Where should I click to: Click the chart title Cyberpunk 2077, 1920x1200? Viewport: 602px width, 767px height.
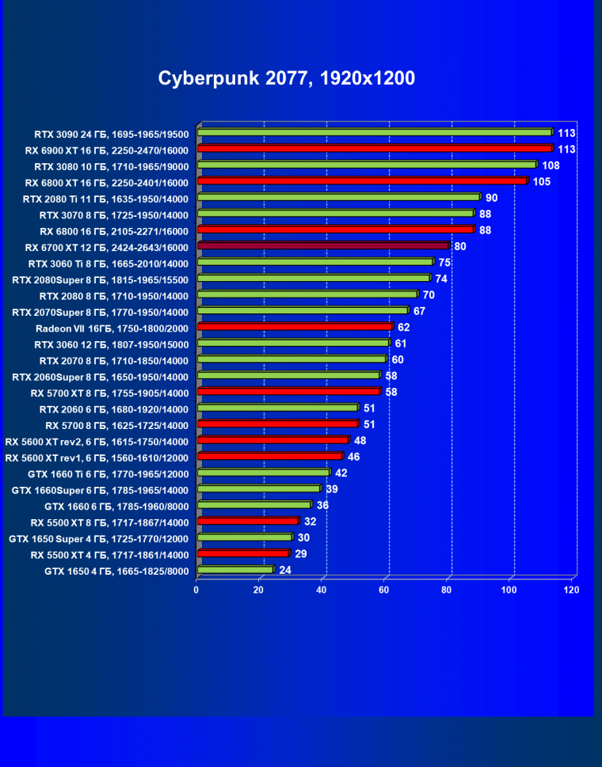(287, 78)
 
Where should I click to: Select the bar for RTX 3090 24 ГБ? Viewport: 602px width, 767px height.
(374, 132)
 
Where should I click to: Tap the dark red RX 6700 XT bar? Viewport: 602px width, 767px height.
(322, 246)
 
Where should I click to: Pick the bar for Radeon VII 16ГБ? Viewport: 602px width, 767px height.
(294, 326)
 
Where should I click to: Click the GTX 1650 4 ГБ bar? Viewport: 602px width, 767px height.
(234, 569)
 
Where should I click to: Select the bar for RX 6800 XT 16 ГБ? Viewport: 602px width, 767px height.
(361, 181)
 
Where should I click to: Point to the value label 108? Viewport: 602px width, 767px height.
(551, 165)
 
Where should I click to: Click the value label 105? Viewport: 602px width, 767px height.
(541, 181)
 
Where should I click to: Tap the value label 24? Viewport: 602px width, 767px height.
(285, 570)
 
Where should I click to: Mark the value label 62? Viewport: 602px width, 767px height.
(404, 327)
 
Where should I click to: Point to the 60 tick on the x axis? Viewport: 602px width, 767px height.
(385, 590)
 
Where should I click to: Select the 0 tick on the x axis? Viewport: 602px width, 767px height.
(196, 590)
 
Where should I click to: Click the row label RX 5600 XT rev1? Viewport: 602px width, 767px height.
(97, 458)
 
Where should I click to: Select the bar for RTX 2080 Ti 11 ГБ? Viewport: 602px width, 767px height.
(338, 197)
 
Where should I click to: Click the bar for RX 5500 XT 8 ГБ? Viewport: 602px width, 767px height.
(247, 521)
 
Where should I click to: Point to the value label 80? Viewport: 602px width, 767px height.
(460, 246)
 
